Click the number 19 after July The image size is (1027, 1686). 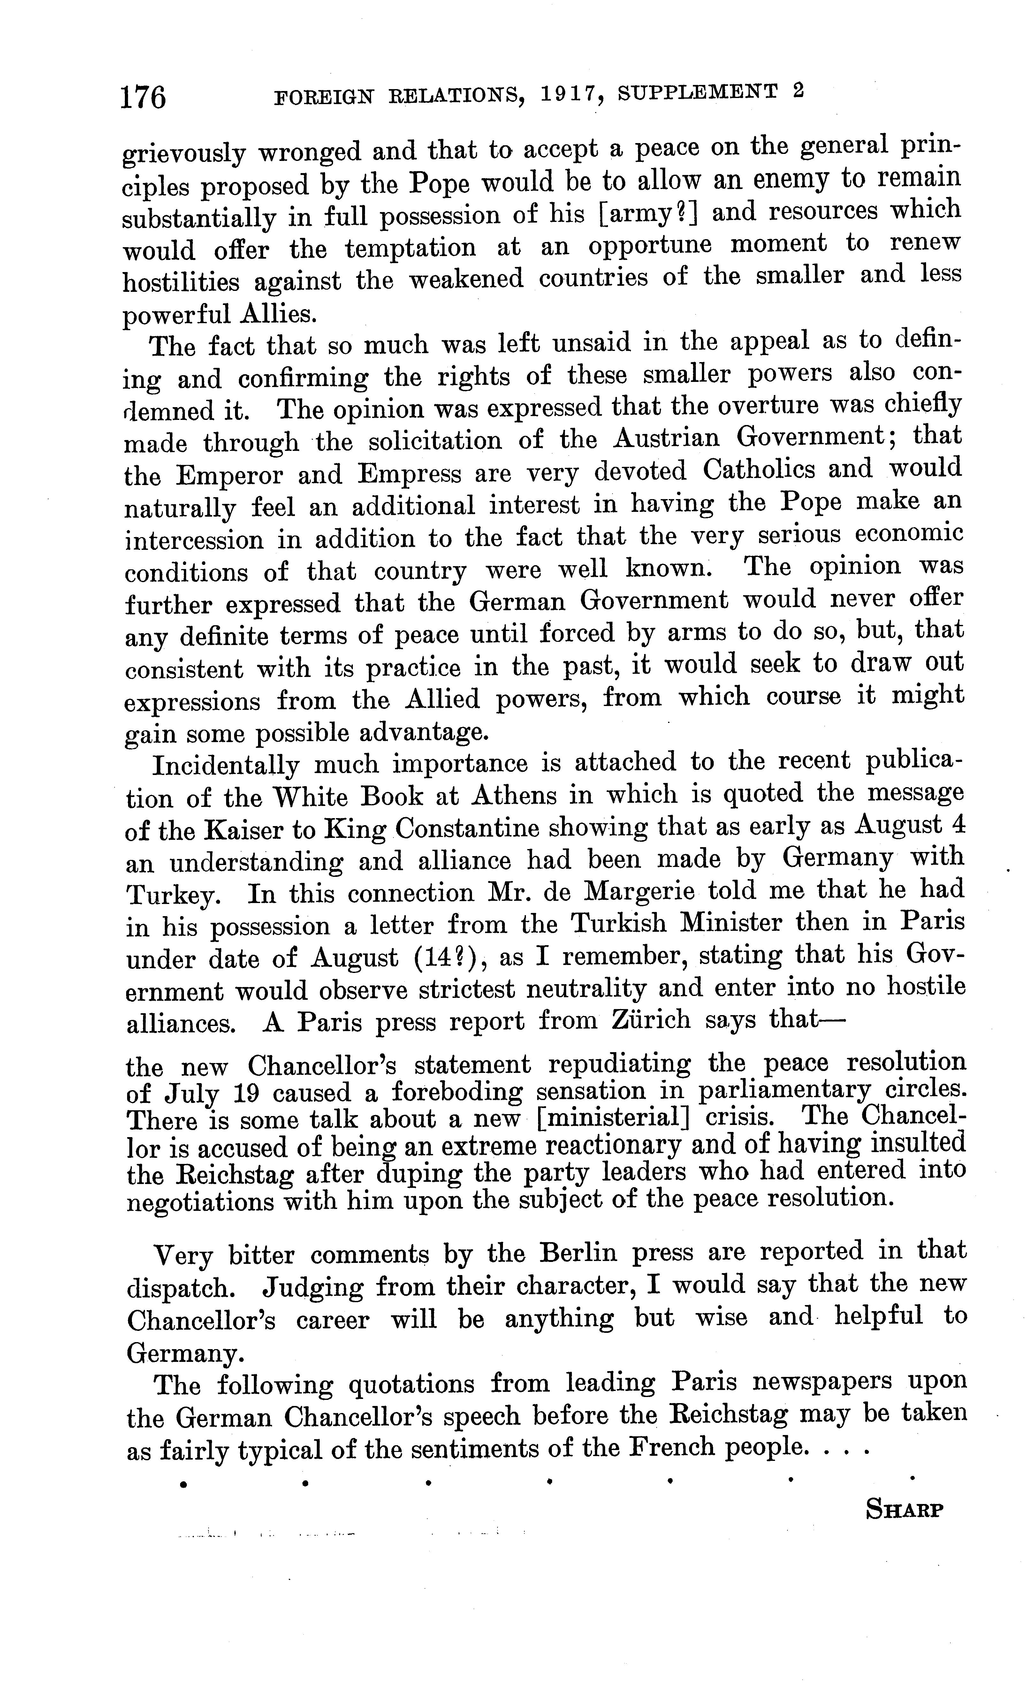246,1093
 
